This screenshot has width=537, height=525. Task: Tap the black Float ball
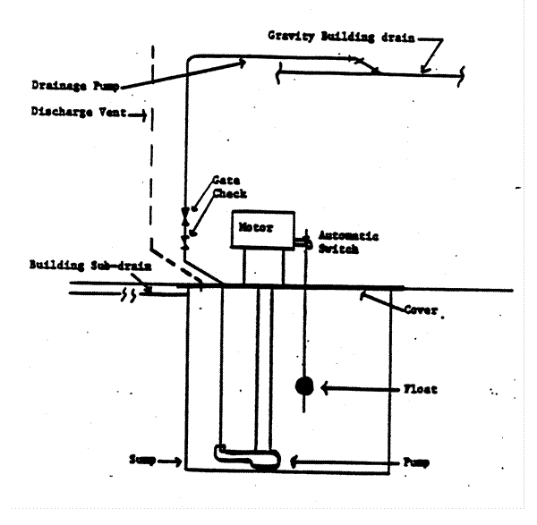pos(304,387)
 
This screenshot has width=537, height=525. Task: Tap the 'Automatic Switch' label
pos(349,243)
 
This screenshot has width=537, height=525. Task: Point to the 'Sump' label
pos(142,461)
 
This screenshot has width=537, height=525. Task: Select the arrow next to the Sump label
pos(169,461)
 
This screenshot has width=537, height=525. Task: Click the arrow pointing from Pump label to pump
pos(336,462)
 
